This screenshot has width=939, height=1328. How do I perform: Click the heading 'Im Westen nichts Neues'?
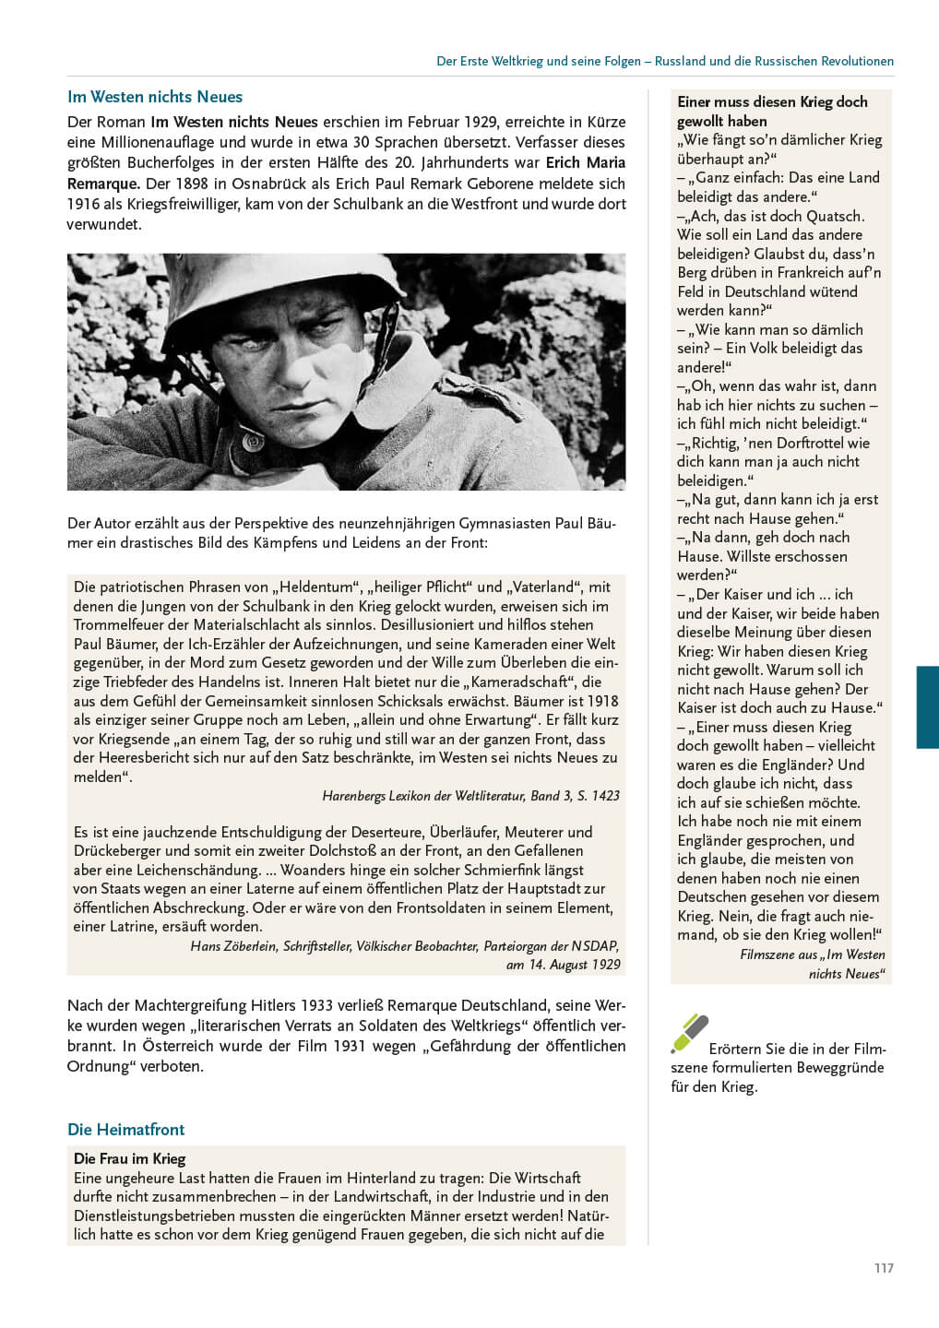(155, 97)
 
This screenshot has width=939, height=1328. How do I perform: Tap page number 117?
(884, 1268)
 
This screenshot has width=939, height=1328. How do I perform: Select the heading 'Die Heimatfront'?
(125, 1130)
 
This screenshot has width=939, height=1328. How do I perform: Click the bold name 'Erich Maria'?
(586, 163)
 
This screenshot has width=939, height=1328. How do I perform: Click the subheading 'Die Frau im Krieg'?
(129, 1158)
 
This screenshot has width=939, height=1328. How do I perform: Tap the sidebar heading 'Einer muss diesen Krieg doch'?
(772, 101)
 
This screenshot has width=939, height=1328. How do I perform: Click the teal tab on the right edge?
(927, 706)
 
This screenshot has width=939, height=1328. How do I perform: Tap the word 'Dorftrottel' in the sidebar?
(805, 443)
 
